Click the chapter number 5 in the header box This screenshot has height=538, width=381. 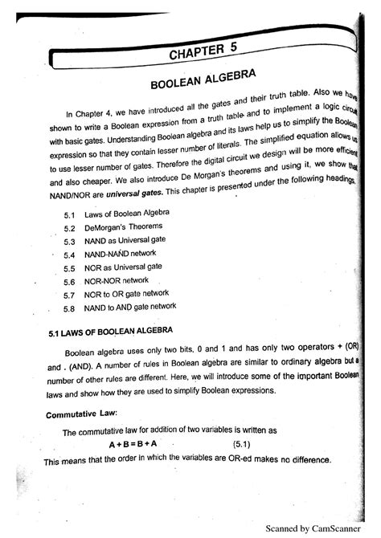click(x=231, y=50)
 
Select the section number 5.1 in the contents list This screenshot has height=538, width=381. click(x=68, y=215)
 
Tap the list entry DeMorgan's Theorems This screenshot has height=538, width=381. click(x=117, y=228)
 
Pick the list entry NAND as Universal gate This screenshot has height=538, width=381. click(x=125, y=241)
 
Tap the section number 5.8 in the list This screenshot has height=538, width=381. click(x=68, y=308)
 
